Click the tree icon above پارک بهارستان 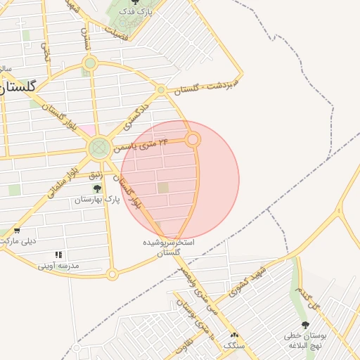pos(97,188)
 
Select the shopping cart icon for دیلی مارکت pos(17,231)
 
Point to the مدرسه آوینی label pos(58,266)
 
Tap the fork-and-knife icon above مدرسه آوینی pos(58,255)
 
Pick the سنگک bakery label pos(233,345)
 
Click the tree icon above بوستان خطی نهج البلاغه pos(304,324)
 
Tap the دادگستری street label pos(138,114)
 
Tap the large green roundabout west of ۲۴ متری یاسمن pos(98,148)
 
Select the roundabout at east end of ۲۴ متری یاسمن pos(193,140)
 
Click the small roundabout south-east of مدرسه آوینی pos(112,274)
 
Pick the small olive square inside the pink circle pos(163,188)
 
